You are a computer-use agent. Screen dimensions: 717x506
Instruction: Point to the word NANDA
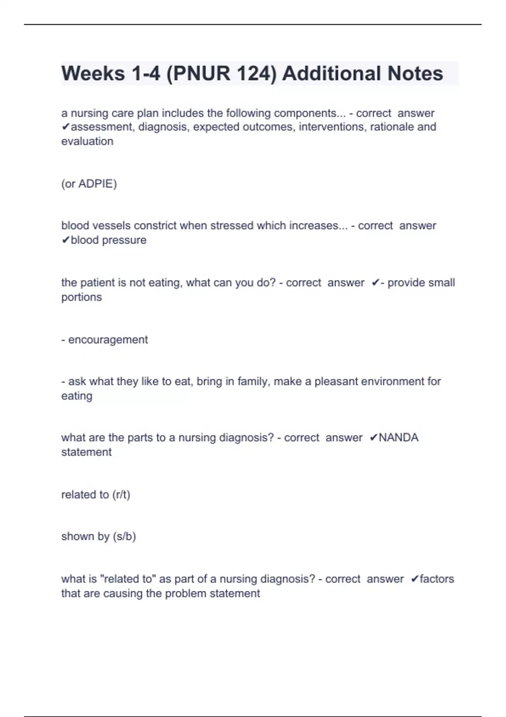click(398, 438)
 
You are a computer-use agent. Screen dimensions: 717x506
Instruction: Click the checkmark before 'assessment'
click(65, 127)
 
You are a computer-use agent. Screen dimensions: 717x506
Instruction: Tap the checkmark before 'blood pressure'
click(65, 240)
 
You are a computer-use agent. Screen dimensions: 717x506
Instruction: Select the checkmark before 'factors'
click(414, 579)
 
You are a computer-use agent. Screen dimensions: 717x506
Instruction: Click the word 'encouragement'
click(108, 340)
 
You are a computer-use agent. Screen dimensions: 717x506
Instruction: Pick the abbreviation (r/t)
click(121, 495)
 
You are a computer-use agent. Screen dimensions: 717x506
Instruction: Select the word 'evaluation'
click(87, 141)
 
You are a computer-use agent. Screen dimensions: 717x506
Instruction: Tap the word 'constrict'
click(155, 226)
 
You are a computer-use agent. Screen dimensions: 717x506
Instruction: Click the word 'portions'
click(81, 297)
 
